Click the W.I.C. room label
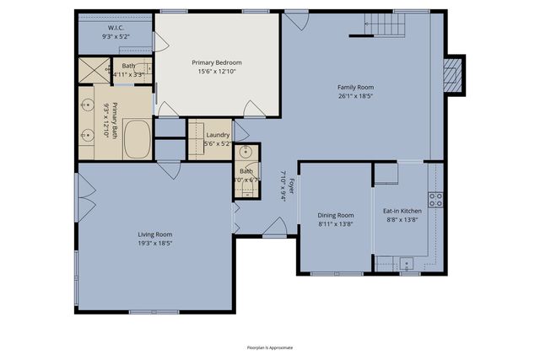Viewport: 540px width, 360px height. (115, 27)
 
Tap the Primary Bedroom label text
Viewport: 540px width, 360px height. (217, 62)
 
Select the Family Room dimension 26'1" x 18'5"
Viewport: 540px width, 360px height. (355, 95)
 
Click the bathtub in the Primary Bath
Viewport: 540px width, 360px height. (137, 138)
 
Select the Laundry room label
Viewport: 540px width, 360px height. (218, 135)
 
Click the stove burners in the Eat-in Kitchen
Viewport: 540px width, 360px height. (435, 200)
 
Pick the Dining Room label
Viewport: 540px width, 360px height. (336, 215)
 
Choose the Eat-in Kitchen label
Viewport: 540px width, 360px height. (402, 211)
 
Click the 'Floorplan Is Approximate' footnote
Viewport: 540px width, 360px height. (269, 347)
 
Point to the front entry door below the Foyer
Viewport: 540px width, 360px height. (274, 228)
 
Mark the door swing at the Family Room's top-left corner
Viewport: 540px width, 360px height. (295, 19)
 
